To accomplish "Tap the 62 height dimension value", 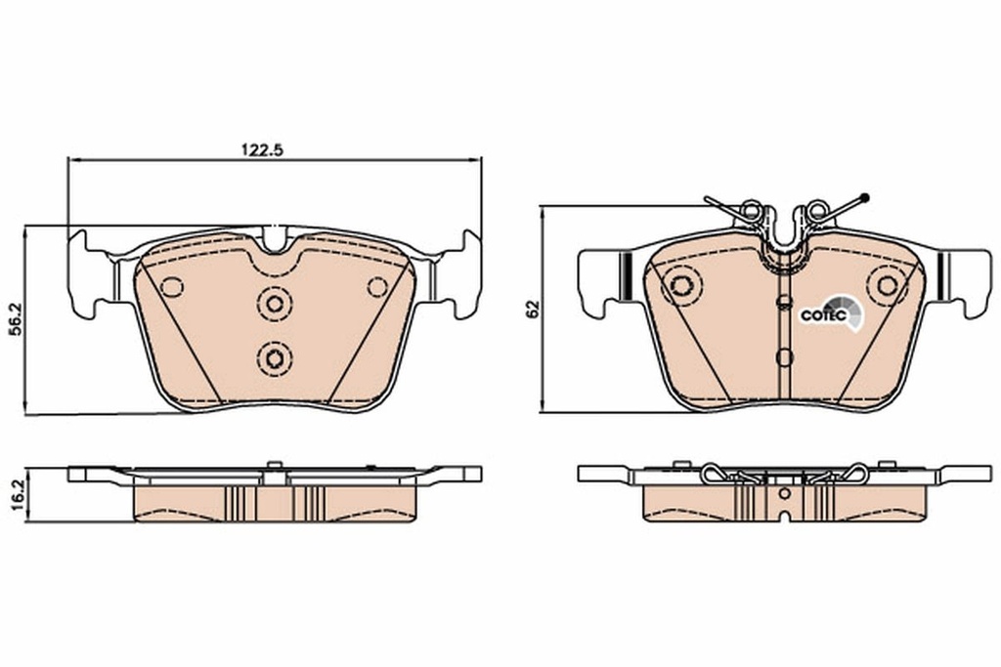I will (532, 310).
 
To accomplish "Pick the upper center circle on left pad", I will (275, 305).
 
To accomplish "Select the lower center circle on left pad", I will (275, 357).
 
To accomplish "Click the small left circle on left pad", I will (172, 287).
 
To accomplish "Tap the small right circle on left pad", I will (377, 287).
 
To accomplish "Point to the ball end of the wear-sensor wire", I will (864, 199).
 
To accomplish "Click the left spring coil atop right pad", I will (751, 209).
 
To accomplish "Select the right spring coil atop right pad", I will (816, 209).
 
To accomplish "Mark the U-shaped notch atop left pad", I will (276, 239).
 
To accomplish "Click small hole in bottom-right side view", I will (784, 493).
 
